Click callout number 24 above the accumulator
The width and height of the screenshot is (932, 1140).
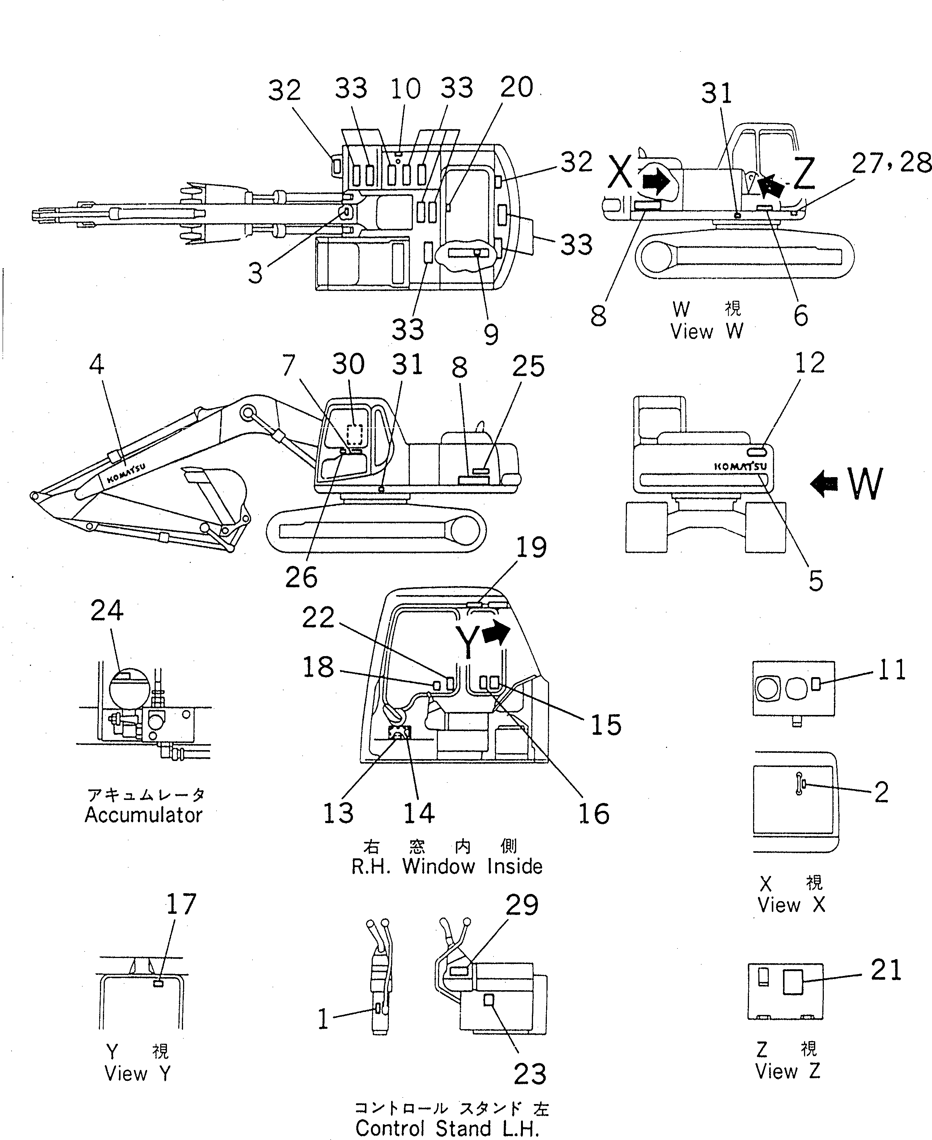click(x=107, y=611)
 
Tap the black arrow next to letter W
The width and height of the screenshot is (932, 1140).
click(x=825, y=483)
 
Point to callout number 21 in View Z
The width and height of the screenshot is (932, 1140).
click(x=886, y=971)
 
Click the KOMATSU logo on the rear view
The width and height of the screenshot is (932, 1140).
click(x=740, y=466)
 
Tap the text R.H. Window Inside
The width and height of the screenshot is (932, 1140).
click(x=447, y=866)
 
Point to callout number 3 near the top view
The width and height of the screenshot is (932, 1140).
click(x=256, y=273)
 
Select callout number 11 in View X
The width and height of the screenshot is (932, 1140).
click(x=892, y=670)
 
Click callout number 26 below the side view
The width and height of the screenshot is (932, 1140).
click(x=301, y=577)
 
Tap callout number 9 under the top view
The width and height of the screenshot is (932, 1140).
click(x=491, y=334)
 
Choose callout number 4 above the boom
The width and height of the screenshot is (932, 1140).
click(x=97, y=365)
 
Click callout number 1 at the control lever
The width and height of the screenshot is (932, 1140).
click(x=323, y=1019)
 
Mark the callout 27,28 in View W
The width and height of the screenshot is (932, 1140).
click(x=891, y=163)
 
